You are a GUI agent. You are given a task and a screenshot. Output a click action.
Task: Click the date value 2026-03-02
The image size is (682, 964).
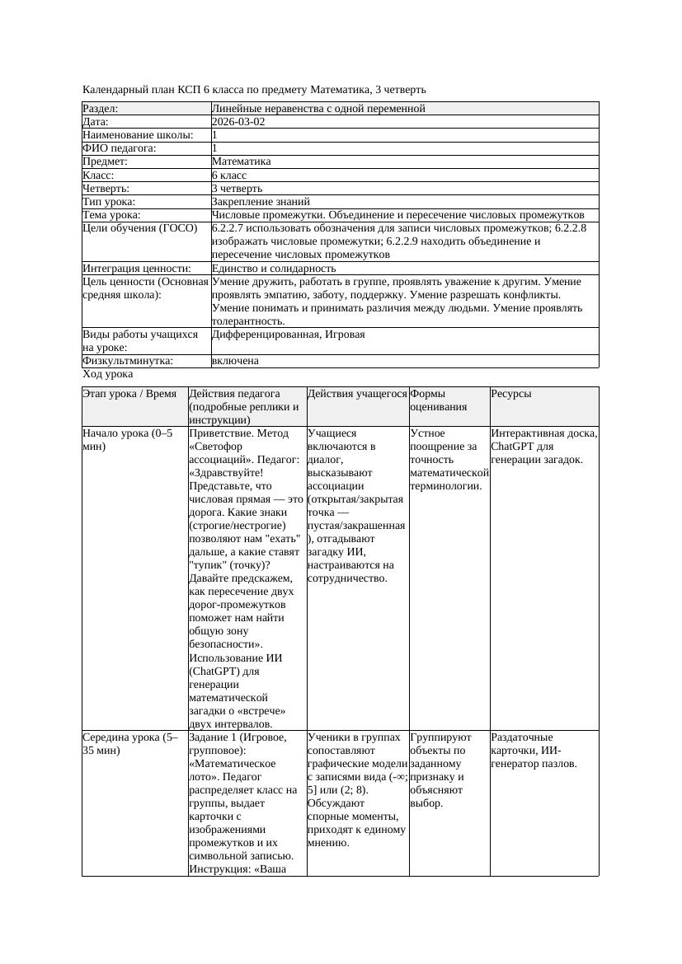click(x=238, y=122)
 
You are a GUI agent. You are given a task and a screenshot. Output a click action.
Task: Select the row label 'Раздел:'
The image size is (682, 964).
click(x=101, y=109)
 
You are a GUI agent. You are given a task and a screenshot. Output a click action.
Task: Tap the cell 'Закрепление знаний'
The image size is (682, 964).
click(x=261, y=202)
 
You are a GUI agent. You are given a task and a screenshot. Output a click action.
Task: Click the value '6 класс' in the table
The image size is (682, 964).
click(x=229, y=175)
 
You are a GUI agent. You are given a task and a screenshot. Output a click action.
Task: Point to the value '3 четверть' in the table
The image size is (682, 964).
click(x=237, y=189)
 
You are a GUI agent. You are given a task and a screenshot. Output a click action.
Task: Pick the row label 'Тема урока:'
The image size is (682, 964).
click(x=113, y=215)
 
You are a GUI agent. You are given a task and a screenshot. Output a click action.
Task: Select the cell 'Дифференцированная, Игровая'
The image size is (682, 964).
click(x=288, y=335)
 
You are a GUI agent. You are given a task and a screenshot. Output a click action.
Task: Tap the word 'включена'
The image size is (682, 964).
click(x=235, y=361)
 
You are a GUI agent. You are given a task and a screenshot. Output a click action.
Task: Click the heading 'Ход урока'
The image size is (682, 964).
click(x=108, y=374)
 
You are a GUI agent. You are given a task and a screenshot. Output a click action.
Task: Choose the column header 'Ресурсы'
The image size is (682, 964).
click(x=511, y=394)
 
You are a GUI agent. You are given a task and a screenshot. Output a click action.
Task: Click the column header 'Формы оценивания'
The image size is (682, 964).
click(x=437, y=400)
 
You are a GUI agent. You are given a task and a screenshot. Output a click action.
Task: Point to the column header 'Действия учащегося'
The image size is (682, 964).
click(x=357, y=394)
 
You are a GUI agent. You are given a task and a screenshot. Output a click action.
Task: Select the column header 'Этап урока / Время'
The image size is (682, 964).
click(x=129, y=394)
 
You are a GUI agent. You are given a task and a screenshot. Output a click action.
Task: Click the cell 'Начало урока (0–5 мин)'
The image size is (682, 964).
click(x=128, y=440)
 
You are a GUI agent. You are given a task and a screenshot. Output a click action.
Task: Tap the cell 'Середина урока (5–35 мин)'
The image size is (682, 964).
click(x=130, y=744)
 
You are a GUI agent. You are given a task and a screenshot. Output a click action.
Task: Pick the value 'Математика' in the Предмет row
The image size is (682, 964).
click(x=241, y=161)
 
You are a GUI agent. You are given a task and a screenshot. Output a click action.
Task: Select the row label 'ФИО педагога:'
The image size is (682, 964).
click(x=120, y=148)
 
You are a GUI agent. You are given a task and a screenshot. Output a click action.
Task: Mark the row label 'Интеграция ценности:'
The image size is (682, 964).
click(x=137, y=269)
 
